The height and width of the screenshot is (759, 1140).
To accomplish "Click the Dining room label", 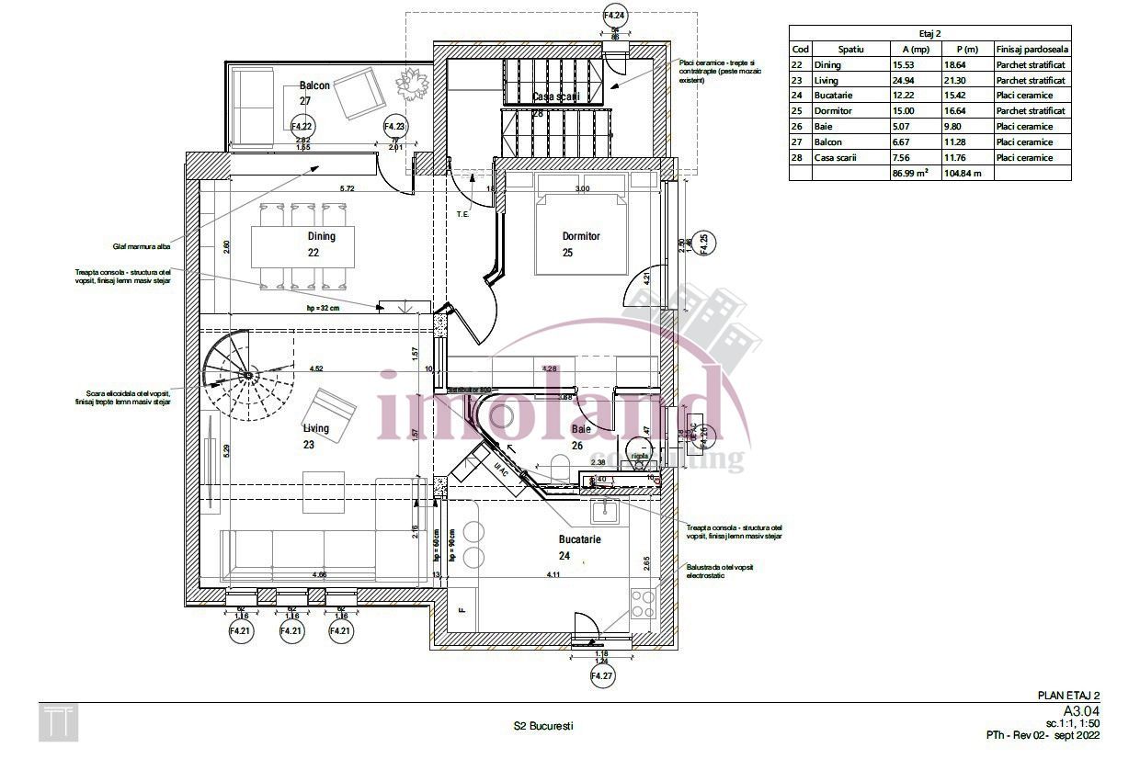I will coord(321,236).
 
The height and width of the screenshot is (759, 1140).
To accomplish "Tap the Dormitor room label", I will coord(580,236).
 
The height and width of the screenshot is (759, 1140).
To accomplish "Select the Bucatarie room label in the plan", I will coord(579,539).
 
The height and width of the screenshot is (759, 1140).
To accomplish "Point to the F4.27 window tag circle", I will coord(601,677).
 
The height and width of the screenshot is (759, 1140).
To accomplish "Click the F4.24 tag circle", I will coord(615,16).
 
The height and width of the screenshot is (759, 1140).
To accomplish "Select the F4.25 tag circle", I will coord(703,245).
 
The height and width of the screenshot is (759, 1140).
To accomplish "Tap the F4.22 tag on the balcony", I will coord(302,126).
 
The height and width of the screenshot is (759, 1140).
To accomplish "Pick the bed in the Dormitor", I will coord(582,225).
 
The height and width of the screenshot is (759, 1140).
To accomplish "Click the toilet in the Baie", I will coord(637,451).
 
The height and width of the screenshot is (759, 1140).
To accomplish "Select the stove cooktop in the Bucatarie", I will coord(643,604).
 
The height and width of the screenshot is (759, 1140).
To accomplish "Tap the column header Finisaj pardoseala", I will coord(1032,50).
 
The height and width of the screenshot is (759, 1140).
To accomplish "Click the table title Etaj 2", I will coord(929,32).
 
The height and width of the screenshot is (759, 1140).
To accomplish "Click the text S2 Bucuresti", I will coord(543,726).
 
